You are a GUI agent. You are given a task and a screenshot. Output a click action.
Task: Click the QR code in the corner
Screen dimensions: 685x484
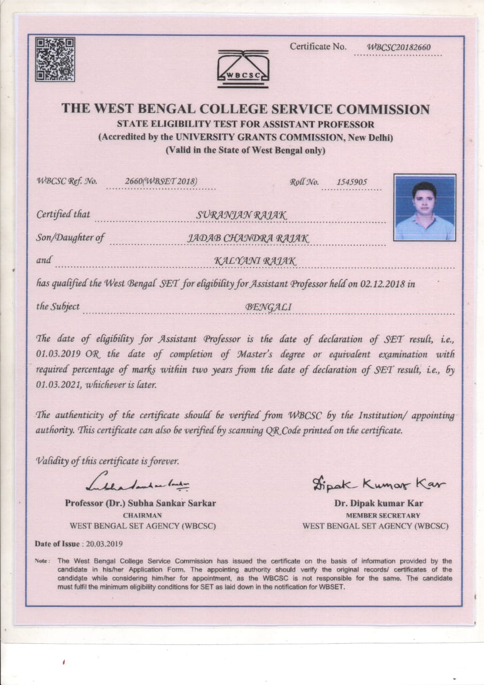coord(55,59)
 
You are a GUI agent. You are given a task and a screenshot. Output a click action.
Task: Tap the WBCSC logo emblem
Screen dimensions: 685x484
coord(243,69)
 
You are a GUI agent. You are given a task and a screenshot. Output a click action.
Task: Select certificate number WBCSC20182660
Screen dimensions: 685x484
coord(398,48)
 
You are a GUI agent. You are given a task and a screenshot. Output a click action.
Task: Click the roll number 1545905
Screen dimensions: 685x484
coord(351,182)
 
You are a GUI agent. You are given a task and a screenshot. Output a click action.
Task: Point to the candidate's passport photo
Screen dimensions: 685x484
coord(425,207)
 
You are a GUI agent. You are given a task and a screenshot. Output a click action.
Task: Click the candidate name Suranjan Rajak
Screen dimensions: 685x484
coord(242,215)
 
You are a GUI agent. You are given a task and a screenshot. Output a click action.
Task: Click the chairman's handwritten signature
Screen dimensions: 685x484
coord(141,485)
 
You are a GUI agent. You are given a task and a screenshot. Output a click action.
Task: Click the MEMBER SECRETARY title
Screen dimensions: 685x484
coord(375,515)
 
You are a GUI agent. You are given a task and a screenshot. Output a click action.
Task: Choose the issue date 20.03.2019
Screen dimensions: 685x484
coord(103,544)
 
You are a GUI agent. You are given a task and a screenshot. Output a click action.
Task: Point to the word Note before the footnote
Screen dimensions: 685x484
coord(41,561)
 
